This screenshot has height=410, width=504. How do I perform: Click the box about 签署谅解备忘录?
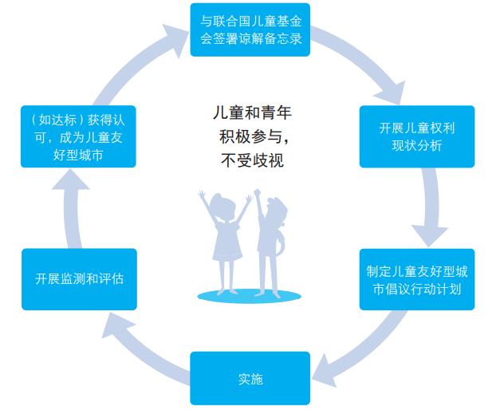tap(251, 30)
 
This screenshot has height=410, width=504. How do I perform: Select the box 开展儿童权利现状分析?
tap(416, 136)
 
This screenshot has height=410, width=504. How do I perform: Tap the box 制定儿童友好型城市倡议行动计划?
tap(416, 279)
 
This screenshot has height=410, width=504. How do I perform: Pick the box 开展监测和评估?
tap(79, 279)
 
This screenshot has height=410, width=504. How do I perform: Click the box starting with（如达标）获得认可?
tap(78, 137)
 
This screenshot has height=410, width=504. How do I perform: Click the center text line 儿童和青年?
tap(251, 113)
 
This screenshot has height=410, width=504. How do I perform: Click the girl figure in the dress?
tap(226, 239)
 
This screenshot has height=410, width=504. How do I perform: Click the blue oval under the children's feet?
tap(249, 295)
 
